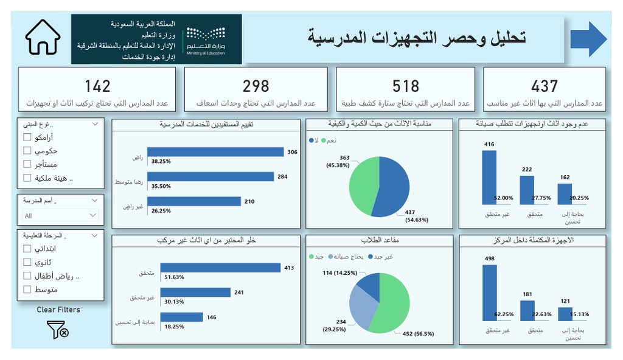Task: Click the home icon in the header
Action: (x=43, y=38)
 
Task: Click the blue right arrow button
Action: (x=588, y=39)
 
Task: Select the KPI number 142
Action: (x=97, y=86)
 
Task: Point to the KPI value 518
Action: (x=406, y=86)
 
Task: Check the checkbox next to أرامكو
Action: (x=27, y=137)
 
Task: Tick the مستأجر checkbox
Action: (x=27, y=164)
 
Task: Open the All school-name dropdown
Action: (x=60, y=215)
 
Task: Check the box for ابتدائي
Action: (x=27, y=248)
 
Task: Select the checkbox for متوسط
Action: (x=27, y=289)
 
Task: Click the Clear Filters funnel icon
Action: (x=58, y=329)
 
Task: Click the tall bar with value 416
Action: (x=489, y=177)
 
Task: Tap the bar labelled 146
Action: (x=181, y=317)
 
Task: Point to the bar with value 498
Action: (x=489, y=292)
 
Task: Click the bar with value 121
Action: (x=565, y=314)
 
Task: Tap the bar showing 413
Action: (x=220, y=268)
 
